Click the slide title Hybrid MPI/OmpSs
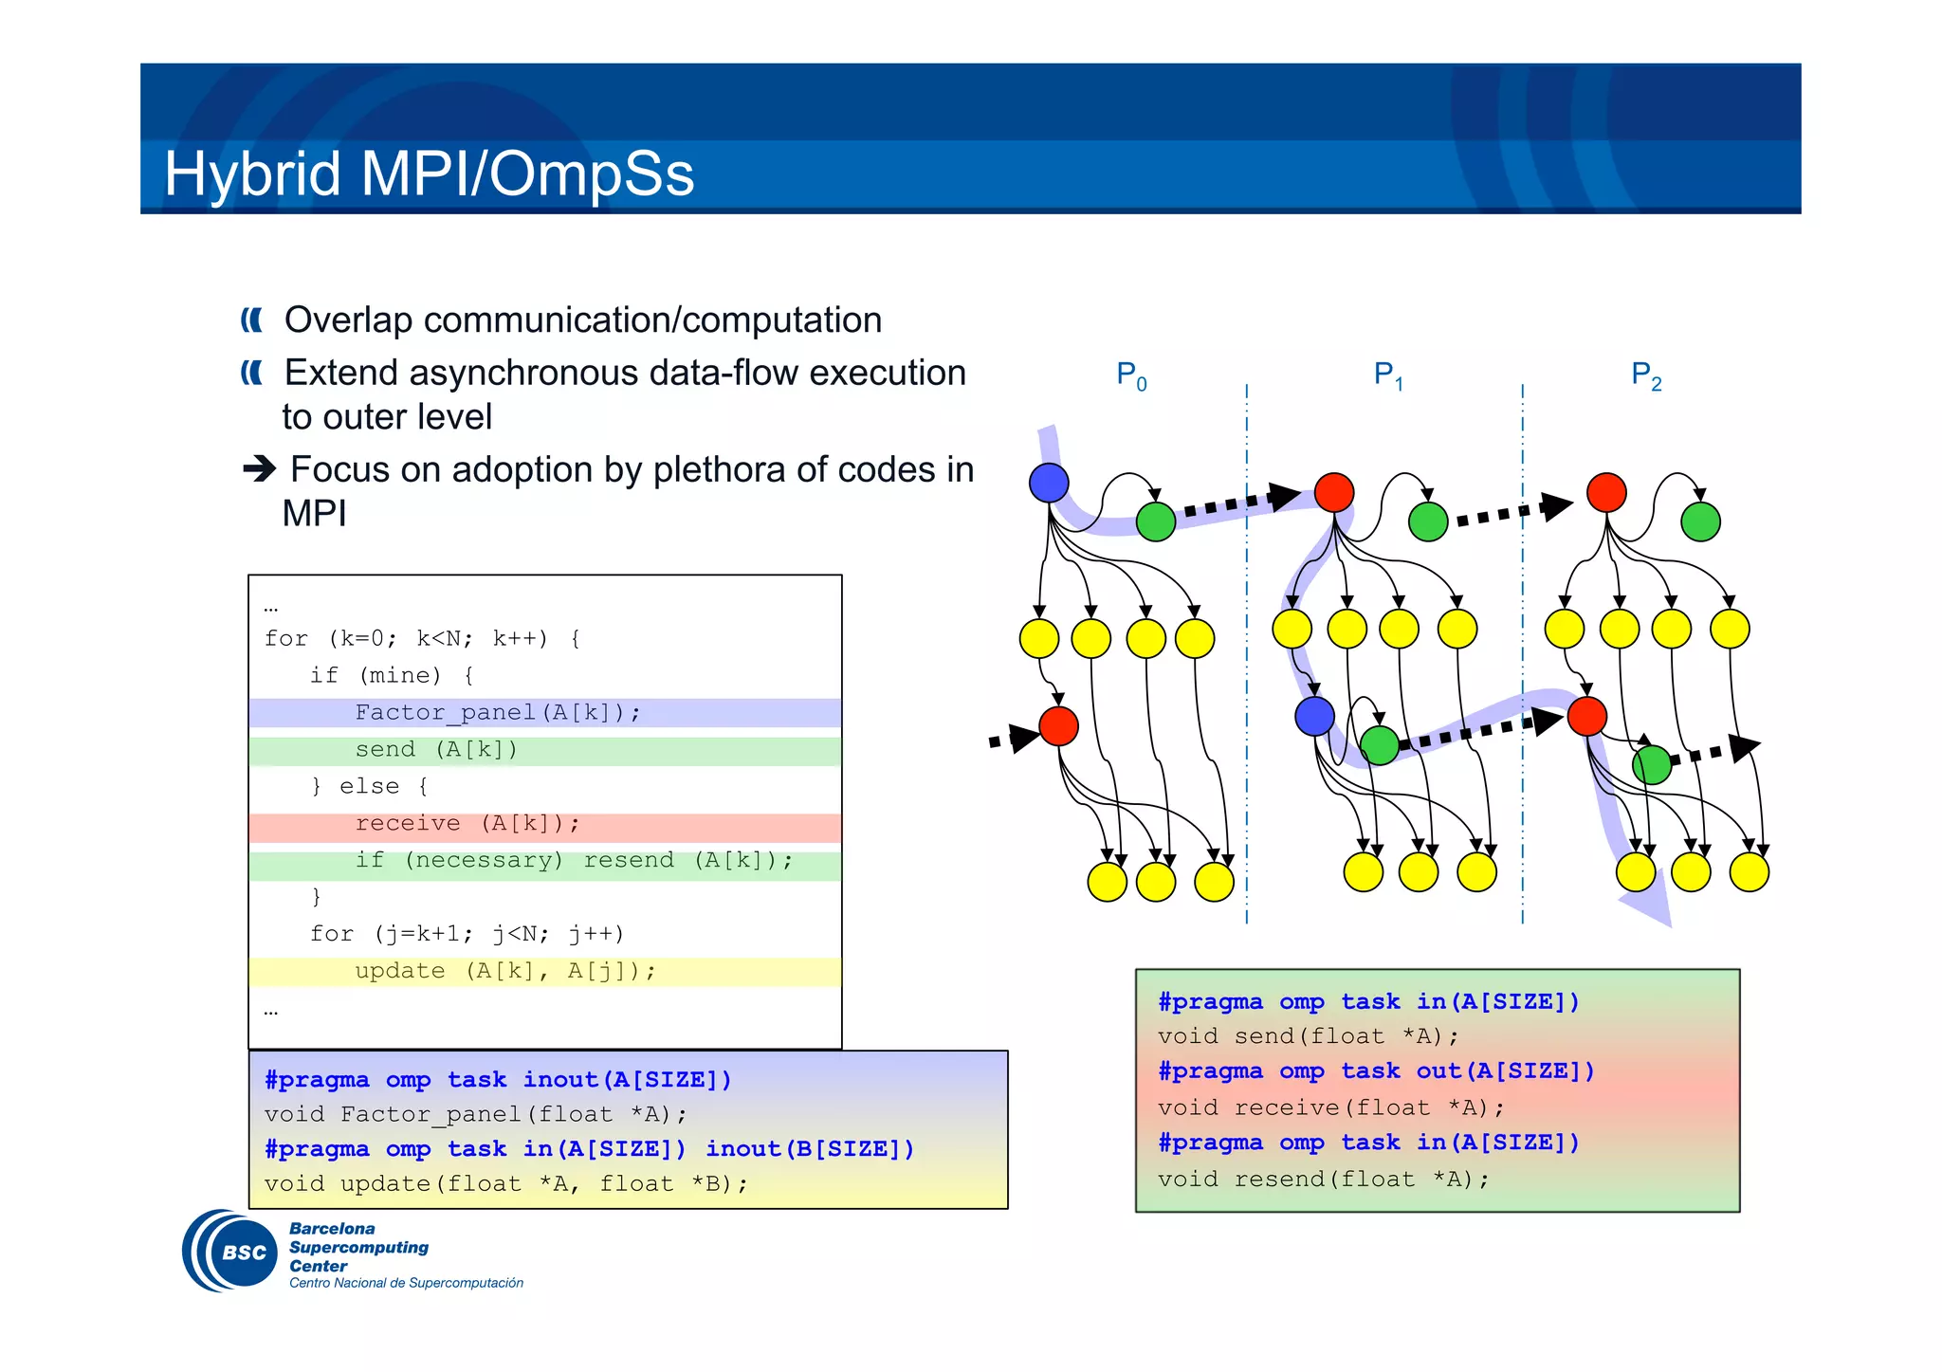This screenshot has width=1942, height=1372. pos(429,174)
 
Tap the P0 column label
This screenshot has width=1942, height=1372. pos(1131,375)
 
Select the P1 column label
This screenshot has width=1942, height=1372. pos(1388,375)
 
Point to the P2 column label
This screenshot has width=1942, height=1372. pos(1646,375)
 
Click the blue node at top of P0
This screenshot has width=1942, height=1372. pos(1049,483)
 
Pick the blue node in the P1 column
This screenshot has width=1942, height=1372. pos(1314,717)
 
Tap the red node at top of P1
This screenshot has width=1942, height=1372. pos(1334,492)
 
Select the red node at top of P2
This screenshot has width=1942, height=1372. pos(1606,492)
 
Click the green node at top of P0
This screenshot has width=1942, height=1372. pos(1155,521)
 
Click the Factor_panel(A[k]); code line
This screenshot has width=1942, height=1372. pos(498,712)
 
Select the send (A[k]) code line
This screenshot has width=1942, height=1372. pos(436,749)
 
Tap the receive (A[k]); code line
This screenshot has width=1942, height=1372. pos(467,823)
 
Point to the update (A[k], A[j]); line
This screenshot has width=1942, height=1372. pos(504,971)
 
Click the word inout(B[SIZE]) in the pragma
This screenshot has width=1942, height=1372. pos(810,1149)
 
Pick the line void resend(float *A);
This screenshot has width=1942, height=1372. pos(1323,1179)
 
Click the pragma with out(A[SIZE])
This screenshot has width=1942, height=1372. pos(1376,1071)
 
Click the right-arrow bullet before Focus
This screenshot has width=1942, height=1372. pos(259,468)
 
